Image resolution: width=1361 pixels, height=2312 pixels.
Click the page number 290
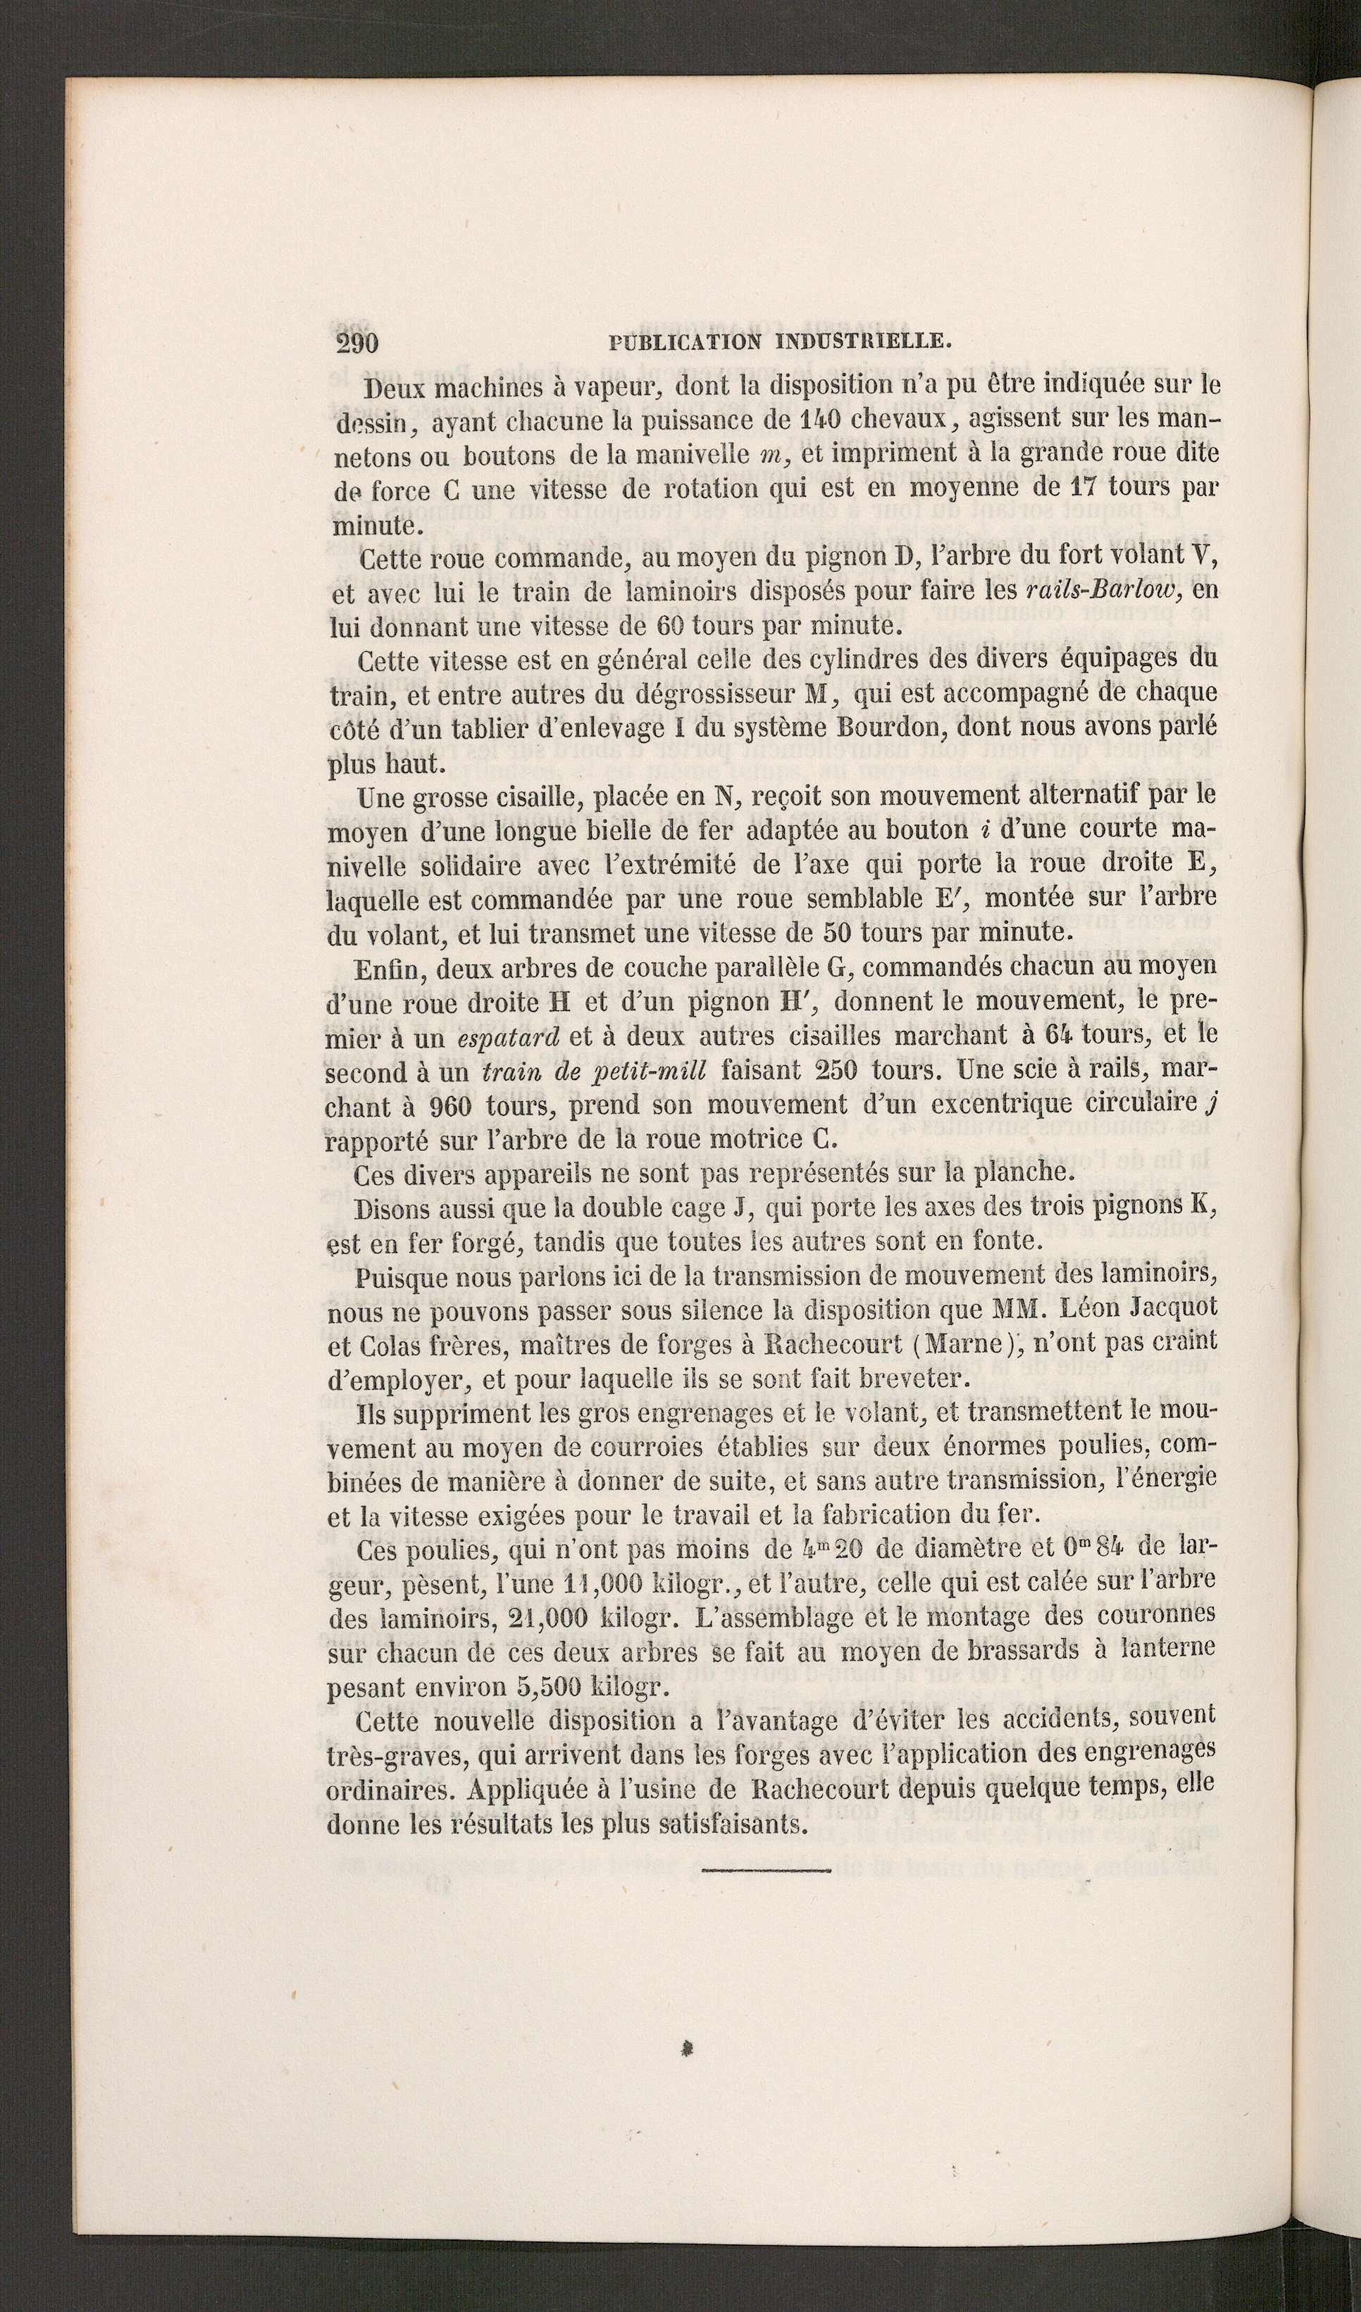tap(357, 343)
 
